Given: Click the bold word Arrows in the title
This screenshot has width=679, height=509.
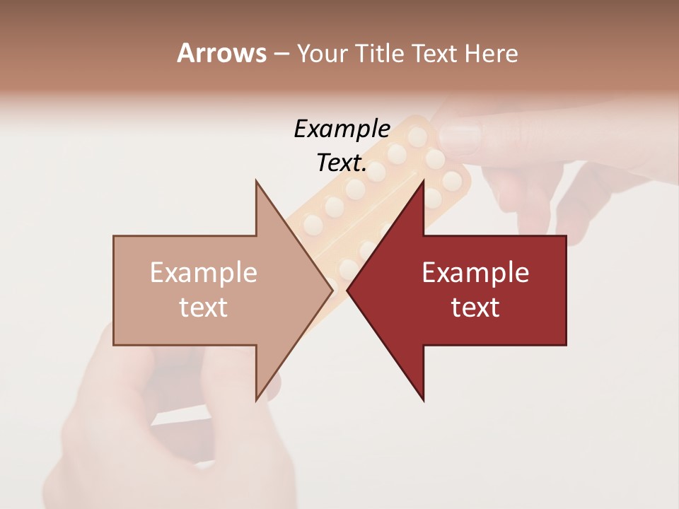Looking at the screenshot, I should pyautogui.click(x=221, y=53).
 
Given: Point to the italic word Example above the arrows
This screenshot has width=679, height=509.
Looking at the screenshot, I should pyautogui.click(x=342, y=129).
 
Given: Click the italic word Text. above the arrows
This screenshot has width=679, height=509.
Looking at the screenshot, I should pyautogui.click(x=342, y=163).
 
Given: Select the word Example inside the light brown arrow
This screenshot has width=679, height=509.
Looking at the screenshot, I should pyautogui.click(x=203, y=273).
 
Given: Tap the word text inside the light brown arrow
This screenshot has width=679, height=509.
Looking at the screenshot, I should pyautogui.click(x=203, y=308).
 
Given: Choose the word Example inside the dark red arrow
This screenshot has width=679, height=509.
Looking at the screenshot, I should pyautogui.click(x=475, y=273).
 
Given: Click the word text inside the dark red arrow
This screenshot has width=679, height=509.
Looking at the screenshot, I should pyautogui.click(x=475, y=308).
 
